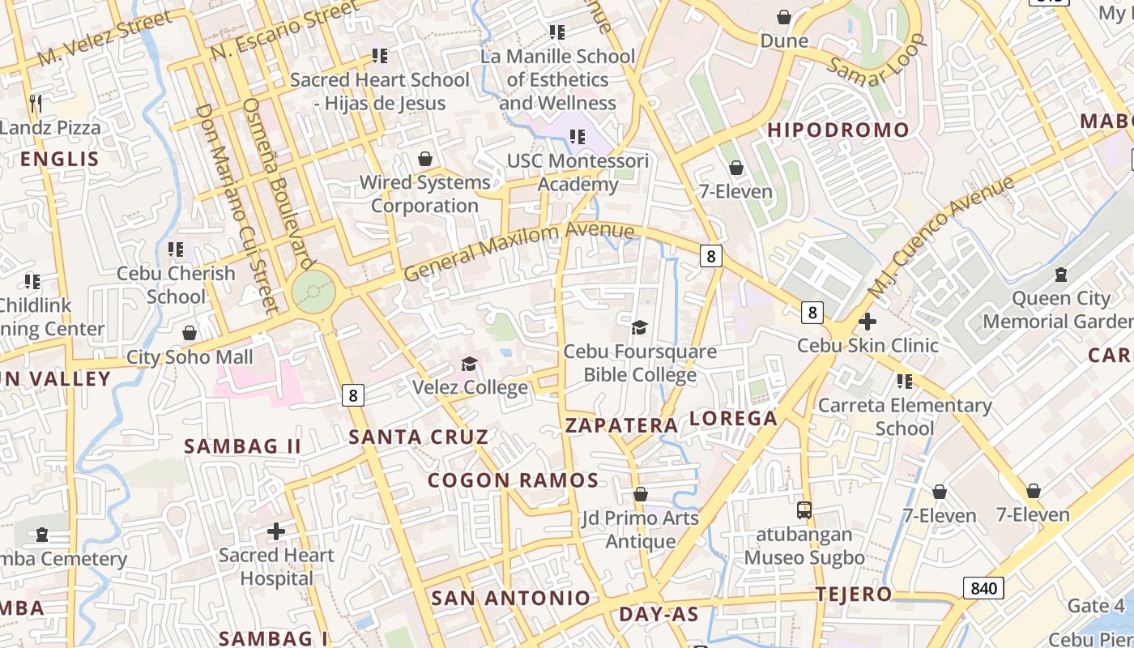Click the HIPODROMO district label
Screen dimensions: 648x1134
pos(838,130)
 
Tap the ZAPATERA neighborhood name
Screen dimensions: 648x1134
pos(621,425)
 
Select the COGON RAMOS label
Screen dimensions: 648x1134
pos(513,480)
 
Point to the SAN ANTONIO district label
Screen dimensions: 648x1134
pos(510,599)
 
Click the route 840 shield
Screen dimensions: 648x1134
pos(983,588)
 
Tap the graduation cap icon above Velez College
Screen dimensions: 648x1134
pos(469,364)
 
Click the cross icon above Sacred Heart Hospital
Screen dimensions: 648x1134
pos(276,531)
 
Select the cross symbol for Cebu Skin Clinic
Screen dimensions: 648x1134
pos(867,322)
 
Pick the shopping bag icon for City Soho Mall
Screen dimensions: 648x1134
pos(190,333)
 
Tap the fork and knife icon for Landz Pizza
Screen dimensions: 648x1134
pos(35,103)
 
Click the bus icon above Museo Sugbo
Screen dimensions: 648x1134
pos(804,510)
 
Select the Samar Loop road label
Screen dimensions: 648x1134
pos(876,60)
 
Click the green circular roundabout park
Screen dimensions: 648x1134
pos(313,291)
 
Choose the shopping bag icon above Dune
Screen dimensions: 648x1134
pos(783,16)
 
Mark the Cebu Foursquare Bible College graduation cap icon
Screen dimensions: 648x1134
pos(639,327)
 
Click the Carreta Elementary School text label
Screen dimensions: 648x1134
pos(905,416)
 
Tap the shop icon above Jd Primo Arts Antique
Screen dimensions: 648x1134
pos(641,493)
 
